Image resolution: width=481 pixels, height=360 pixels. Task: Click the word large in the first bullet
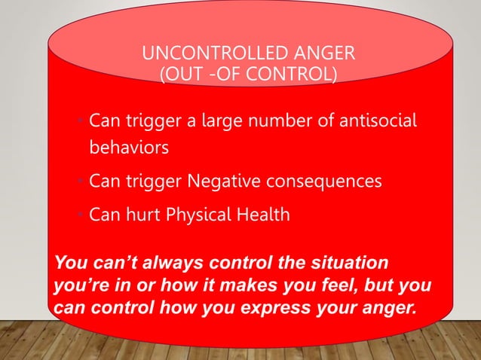click(x=234, y=121)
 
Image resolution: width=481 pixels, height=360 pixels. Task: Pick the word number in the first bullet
click(x=291, y=121)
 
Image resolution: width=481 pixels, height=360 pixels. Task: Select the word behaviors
click(x=129, y=147)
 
